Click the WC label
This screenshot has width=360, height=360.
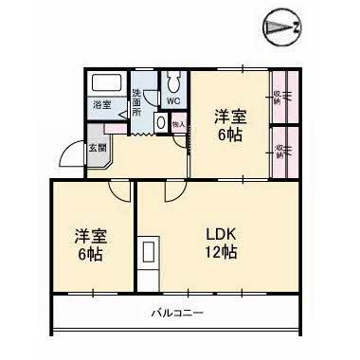173,99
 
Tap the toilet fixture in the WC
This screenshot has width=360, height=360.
173,80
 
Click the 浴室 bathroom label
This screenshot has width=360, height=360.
100,105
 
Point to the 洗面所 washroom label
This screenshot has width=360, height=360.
137,101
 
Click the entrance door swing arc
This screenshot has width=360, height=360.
73,154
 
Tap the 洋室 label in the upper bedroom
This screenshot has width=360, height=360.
227,116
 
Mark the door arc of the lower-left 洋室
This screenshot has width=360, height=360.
118,191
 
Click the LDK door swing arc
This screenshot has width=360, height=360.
175,192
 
